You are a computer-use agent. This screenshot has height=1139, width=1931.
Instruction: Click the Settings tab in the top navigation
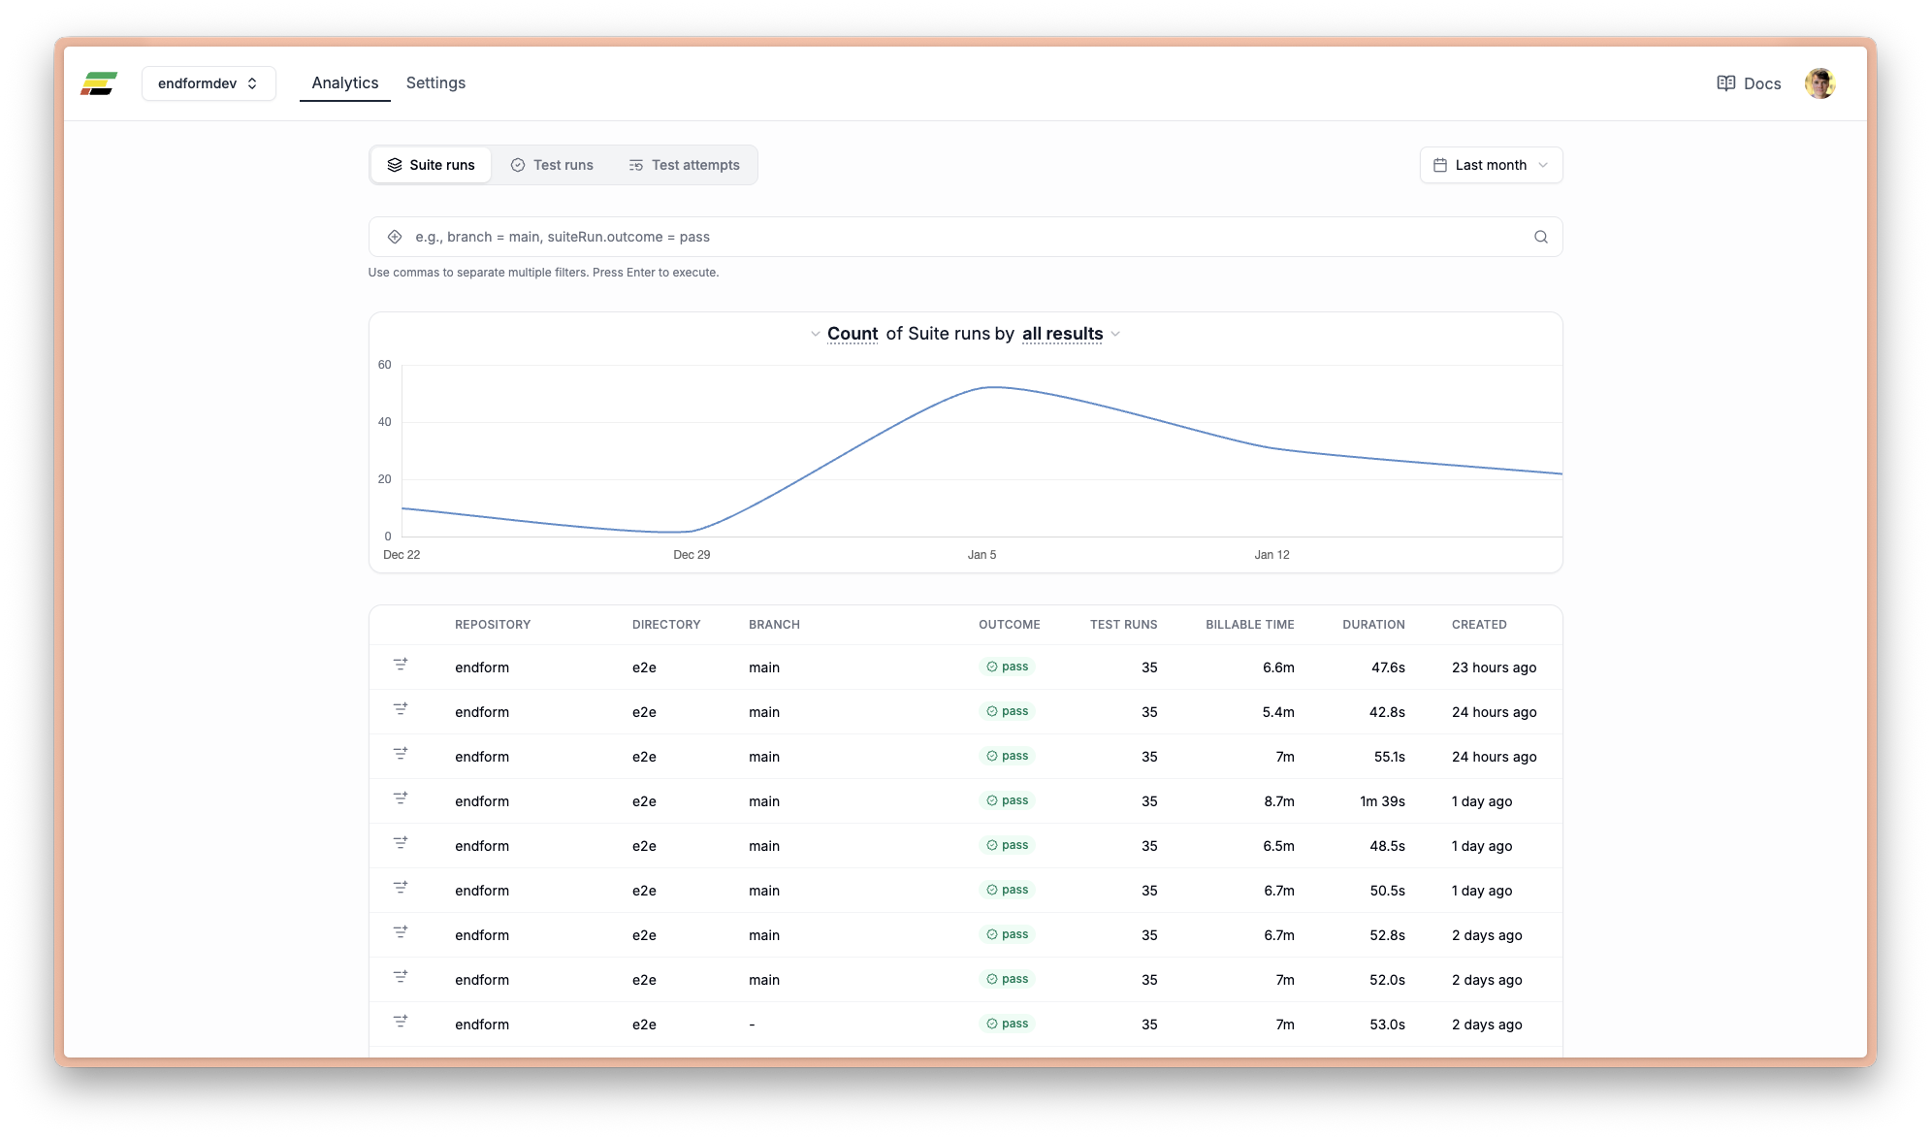[x=435, y=83]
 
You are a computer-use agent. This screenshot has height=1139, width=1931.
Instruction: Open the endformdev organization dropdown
[x=209, y=83]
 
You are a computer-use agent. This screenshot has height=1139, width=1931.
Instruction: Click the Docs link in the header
[x=1749, y=83]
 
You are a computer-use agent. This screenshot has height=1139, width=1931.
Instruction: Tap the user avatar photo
[x=1819, y=83]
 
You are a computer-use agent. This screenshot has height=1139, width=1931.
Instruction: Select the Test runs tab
[x=552, y=165]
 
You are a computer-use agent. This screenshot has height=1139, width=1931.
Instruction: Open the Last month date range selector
[x=1491, y=165]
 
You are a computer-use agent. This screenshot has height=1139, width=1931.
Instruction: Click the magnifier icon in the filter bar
[x=1540, y=237]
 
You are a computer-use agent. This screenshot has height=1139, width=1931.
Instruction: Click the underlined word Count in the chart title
[x=852, y=334]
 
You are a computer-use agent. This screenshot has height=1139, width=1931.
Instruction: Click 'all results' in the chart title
[x=1062, y=334]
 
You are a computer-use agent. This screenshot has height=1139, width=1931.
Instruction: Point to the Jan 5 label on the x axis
[x=982, y=555]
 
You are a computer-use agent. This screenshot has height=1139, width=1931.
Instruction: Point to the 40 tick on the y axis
[x=385, y=422]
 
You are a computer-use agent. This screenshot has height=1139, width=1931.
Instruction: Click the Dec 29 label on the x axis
[x=692, y=555]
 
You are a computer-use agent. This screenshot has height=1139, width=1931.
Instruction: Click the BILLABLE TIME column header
[x=1249, y=625]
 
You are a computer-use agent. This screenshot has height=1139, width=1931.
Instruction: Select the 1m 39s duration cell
[x=1382, y=801]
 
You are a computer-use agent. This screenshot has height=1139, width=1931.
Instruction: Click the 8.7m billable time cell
[x=1278, y=801]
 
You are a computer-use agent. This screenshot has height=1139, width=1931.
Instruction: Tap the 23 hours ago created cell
[x=1494, y=667]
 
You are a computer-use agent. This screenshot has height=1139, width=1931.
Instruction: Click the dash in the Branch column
[x=752, y=1025]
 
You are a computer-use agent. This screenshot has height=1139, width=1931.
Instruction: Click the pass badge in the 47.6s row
[x=1007, y=667]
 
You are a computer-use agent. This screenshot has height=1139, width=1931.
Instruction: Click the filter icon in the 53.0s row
[x=400, y=1022]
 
